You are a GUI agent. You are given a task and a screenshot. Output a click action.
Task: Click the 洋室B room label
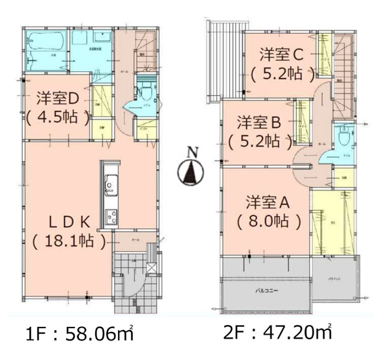point(257,121)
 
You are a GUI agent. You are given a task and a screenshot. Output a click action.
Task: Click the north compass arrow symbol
point(190,173)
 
